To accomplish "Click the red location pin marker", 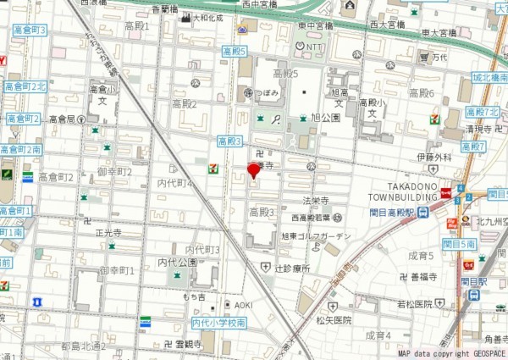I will point(252,171).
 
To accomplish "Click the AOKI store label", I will point(243,305).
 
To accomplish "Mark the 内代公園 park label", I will point(176,263).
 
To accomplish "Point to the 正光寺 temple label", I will point(108,232).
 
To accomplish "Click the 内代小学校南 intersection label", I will point(218,324).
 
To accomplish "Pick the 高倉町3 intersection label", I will point(30,30).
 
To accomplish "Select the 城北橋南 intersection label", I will point(489,78).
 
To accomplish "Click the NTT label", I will point(315,47).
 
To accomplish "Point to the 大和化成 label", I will point(208,17).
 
